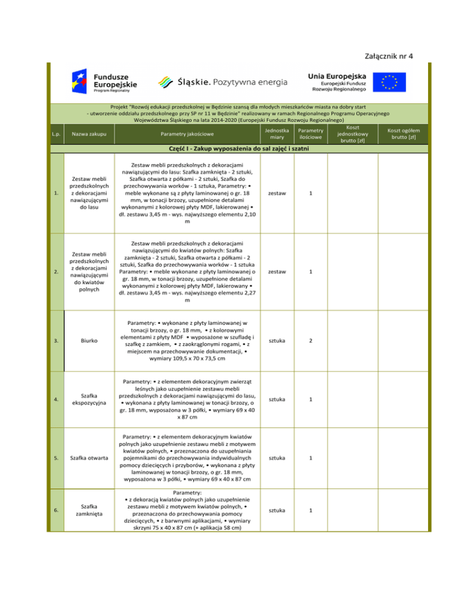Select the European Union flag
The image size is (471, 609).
pyautogui.click(x=390, y=82)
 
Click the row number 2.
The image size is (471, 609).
pyautogui.click(x=56, y=271)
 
